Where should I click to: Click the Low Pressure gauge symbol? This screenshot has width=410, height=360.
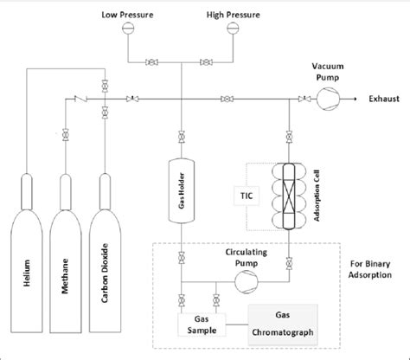[129, 28]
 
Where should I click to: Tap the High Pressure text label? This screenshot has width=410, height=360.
[231, 13]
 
